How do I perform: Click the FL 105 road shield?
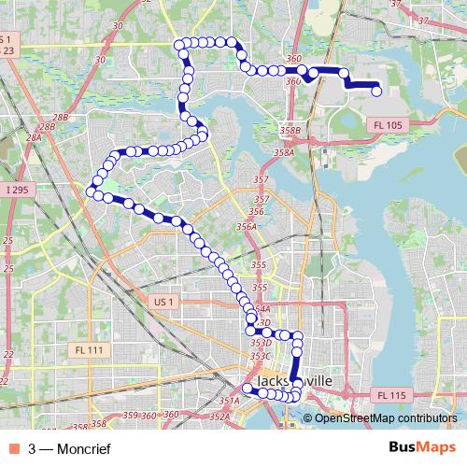[388, 124]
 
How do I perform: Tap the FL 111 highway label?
[89, 349]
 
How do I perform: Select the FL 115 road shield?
[393, 395]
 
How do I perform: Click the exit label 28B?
[61, 118]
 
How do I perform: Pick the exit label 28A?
[34, 137]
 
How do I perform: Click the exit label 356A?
[248, 225]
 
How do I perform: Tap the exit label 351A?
[230, 401]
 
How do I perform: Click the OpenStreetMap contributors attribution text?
[385, 418]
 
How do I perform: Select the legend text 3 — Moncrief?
[69, 449]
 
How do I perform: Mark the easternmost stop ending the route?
[377, 91]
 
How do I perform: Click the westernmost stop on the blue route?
[92, 191]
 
